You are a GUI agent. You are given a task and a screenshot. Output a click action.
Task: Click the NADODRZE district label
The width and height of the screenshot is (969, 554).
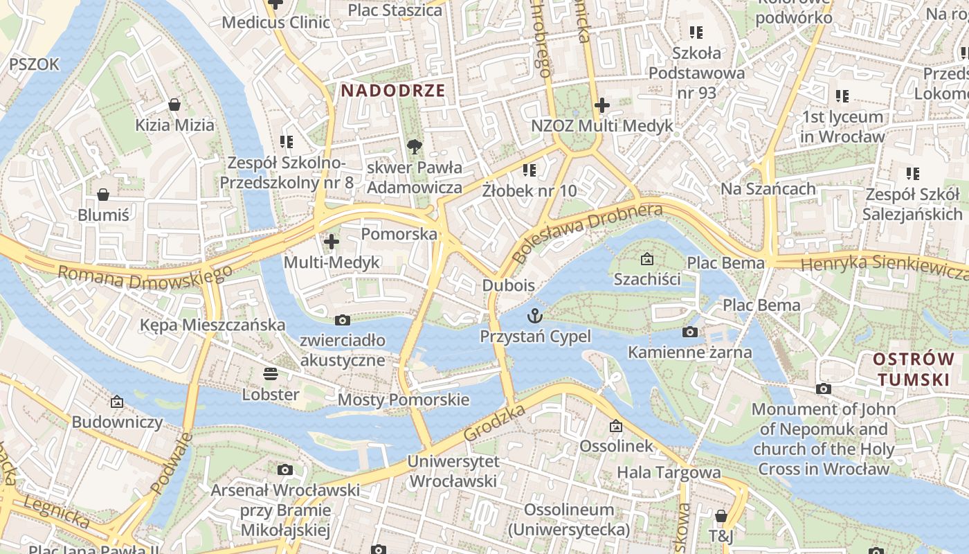pyautogui.click(x=392, y=91)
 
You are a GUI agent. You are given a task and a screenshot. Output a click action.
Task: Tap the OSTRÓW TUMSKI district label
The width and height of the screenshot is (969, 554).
pyautogui.click(x=912, y=369)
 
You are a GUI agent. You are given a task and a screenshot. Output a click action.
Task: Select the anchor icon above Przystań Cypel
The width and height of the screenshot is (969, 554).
pyautogui.click(x=535, y=316)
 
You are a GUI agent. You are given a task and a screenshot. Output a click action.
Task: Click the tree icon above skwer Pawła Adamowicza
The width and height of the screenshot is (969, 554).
pyautogui.click(x=414, y=146)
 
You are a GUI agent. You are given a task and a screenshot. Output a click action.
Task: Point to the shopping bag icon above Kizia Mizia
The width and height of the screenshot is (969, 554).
pyautogui.click(x=174, y=105)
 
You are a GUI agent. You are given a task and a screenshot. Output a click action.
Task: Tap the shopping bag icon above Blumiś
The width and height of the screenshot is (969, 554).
pyautogui.click(x=103, y=195)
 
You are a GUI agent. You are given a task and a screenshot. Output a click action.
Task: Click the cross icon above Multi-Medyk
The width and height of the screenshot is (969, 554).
pyautogui.click(x=332, y=242)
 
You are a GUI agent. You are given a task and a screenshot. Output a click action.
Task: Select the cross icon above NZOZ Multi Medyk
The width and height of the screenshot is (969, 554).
pyautogui.click(x=601, y=105)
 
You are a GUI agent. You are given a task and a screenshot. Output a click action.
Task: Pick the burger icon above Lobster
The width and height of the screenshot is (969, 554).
pyautogui.click(x=270, y=374)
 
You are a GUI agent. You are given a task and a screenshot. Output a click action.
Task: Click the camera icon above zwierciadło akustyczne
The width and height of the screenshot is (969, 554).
pyautogui.click(x=342, y=320)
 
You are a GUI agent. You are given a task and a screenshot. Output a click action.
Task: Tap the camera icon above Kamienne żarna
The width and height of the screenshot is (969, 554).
pyautogui.click(x=689, y=332)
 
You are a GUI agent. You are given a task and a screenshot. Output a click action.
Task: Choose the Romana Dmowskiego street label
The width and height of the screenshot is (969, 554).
pyautogui.click(x=145, y=276)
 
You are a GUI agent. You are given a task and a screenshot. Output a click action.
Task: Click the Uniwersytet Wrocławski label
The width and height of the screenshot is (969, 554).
pyautogui.click(x=453, y=471)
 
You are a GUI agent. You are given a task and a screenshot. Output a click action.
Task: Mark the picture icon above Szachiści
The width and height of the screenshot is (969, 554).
pyautogui.click(x=646, y=260)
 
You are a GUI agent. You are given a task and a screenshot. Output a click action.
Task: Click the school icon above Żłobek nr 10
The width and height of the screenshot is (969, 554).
pyautogui.click(x=529, y=170)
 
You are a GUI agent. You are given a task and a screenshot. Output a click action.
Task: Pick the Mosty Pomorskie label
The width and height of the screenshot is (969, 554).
pyautogui.click(x=403, y=400)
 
